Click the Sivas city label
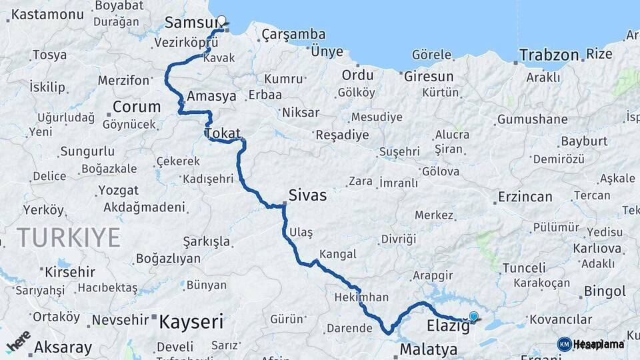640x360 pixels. click(x=307, y=195)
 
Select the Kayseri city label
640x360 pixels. click(x=191, y=323)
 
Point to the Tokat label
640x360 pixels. click(x=223, y=133)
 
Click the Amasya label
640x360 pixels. click(x=212, y=96)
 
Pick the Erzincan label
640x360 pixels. click(x=525, y=197)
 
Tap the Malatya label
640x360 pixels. click(x=429, y=349)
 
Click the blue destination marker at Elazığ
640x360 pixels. click(x=474, y=317)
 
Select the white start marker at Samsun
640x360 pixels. click(x=221, y=21)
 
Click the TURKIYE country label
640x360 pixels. click(x=69, y=237)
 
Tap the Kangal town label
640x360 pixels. click(x=338, y=254)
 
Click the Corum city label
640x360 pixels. click(x=137, y=107)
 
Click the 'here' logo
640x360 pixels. click(x=18, y=341)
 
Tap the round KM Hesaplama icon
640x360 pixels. click(x=564, y=344)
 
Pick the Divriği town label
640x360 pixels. click(x=398, y=239)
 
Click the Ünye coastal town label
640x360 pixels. click(x=327, y=51)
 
